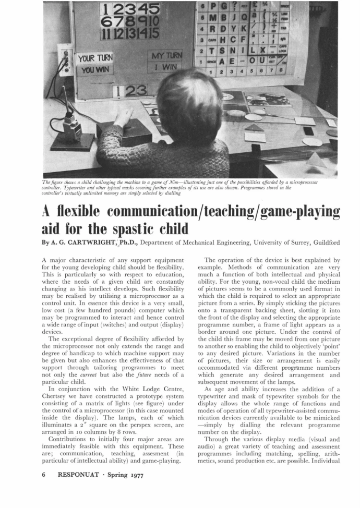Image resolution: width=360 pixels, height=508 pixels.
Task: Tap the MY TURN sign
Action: tap(166, 56)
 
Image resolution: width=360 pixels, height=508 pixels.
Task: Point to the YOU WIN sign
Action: tap(94, 70)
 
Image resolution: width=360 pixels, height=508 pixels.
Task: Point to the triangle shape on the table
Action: tap(254, 128)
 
